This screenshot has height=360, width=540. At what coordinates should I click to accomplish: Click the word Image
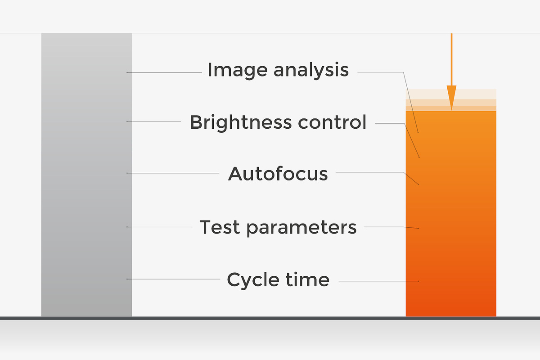[x=238, y=70]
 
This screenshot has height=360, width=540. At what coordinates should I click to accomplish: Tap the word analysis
[x=311, y=70]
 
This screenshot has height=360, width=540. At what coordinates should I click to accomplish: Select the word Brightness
[x=241, y=122]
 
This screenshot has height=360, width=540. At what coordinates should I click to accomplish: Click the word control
[x=332, y=122]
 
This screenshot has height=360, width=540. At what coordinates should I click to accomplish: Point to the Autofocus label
[x=278, y=174]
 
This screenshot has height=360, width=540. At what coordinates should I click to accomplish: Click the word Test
[x=220, y=227]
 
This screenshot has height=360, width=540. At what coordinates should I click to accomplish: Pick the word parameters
[x=301, y=228]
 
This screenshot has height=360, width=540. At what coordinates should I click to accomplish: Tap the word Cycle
[x=253, y=280]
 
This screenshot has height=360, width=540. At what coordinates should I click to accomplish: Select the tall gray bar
[x=87, y=175]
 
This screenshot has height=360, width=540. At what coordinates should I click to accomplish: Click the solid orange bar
[x=451, y=214]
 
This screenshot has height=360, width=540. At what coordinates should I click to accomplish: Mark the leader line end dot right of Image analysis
[x=418, y=132]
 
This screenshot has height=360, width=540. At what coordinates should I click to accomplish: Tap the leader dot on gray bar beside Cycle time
[x=127, y=279]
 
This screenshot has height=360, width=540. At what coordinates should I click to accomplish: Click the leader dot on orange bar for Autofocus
[x=418, y=184]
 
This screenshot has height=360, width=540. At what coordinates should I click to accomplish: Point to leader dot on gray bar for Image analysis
[x=127, y=72]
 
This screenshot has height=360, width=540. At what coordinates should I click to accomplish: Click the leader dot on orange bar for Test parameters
[x=418, y=228]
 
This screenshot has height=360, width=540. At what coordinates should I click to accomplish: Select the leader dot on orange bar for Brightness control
[x=419, y=157]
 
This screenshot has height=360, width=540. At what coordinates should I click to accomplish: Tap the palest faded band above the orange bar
[x=451, y=94]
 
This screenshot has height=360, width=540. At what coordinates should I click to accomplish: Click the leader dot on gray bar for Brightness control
[x=127, y=121]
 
